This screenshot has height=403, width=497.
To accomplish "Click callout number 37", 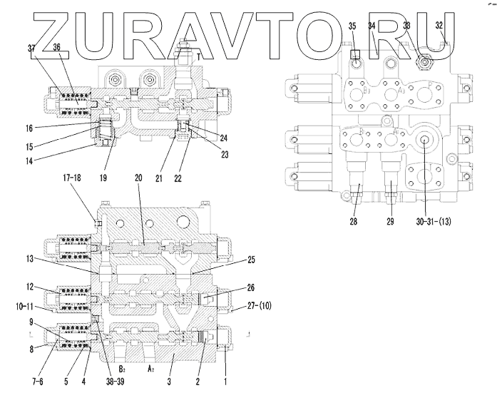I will pyautogui.click(x=31, y=47).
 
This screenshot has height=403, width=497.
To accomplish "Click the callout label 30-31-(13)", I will pyautogui.click(x=437, y=223).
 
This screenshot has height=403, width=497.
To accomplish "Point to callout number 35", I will pyautogui.click(x=352, y=26).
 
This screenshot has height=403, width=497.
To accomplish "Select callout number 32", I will pyautogui.click(x=439, y=26).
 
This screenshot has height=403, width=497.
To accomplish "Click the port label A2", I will pyautogui.click(x=151, y=372).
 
